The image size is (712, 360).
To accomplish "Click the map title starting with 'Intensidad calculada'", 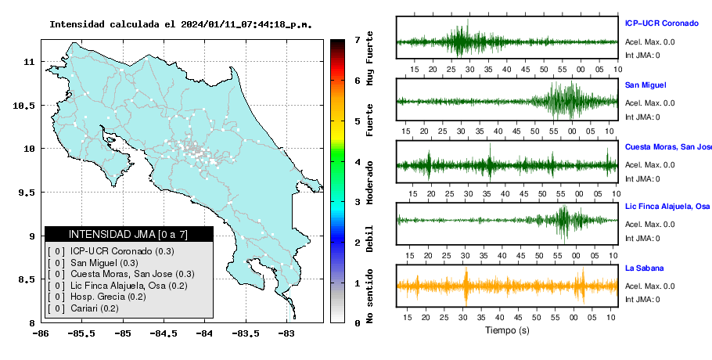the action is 181,24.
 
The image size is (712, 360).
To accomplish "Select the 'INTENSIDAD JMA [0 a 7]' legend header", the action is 128,234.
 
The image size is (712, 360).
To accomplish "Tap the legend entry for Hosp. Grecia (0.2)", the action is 108,297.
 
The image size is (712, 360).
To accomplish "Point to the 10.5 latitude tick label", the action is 24,106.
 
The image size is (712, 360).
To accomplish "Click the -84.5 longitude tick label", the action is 164,333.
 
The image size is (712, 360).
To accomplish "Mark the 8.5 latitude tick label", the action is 27,279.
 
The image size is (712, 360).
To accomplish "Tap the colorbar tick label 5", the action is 358,121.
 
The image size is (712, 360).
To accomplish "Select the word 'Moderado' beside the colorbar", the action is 369,182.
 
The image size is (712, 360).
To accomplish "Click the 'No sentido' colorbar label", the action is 369,296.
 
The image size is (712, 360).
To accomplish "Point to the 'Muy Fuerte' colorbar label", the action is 369,58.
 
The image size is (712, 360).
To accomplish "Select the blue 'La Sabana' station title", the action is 645,268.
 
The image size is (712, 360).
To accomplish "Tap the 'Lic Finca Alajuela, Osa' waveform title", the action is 667,207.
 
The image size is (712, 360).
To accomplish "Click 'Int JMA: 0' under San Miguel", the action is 642,117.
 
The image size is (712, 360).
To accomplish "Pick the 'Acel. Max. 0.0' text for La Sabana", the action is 649,286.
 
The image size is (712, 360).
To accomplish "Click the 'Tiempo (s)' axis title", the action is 507,330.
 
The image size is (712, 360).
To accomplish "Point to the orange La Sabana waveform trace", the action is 507,286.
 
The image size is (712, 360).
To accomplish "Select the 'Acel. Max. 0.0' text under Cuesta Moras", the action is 649,165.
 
